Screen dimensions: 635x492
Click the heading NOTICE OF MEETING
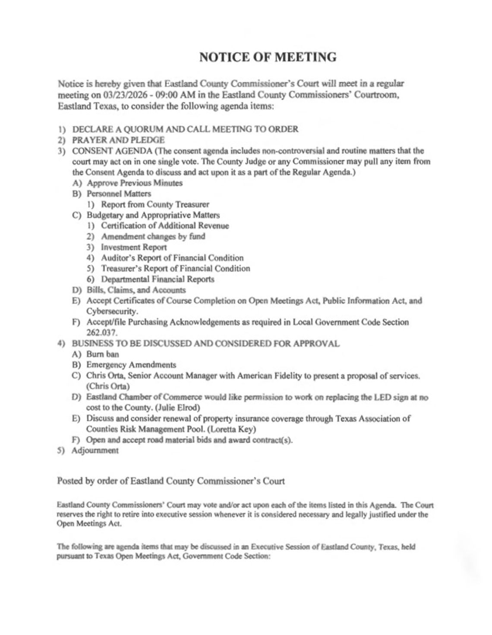268,57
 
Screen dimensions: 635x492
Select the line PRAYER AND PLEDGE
118,140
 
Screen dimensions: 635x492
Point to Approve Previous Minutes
134,183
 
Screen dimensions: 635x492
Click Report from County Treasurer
155,204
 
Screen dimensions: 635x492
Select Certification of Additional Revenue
165,225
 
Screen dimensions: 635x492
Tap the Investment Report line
133,247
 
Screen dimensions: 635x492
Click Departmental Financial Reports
157,279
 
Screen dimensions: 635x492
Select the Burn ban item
102,354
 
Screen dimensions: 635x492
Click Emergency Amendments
131,365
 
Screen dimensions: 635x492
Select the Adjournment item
95,450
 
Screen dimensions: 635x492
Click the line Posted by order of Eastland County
170,481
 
